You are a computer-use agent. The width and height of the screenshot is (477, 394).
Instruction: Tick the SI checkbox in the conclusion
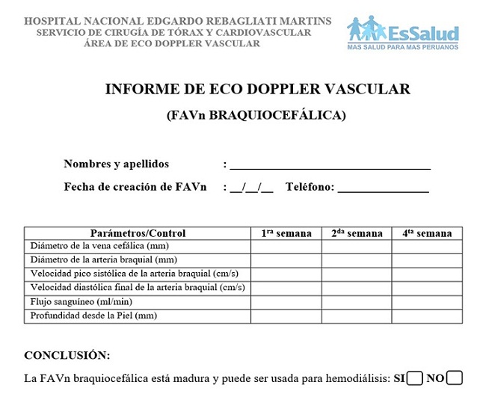416,378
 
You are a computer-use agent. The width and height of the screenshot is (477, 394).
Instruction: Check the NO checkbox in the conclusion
454,378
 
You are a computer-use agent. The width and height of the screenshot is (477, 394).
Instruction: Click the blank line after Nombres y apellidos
330,165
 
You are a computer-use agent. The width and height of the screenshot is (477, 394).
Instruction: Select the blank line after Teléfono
383,188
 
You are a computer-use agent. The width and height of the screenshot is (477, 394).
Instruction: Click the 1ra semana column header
286,233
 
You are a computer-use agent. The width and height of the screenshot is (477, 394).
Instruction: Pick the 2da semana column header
357,233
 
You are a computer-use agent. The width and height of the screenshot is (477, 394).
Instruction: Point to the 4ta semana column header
427,233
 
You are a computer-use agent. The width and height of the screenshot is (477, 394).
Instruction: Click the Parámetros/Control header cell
138,233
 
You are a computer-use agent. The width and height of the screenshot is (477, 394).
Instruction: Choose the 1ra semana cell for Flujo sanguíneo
286,302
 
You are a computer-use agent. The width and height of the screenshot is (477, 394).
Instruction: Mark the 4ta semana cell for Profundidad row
427,316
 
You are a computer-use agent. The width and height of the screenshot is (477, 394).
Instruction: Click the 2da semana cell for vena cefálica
357,246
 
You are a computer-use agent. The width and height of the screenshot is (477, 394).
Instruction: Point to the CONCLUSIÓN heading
67,355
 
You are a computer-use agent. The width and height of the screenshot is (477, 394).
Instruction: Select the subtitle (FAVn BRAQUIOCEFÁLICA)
256,115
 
